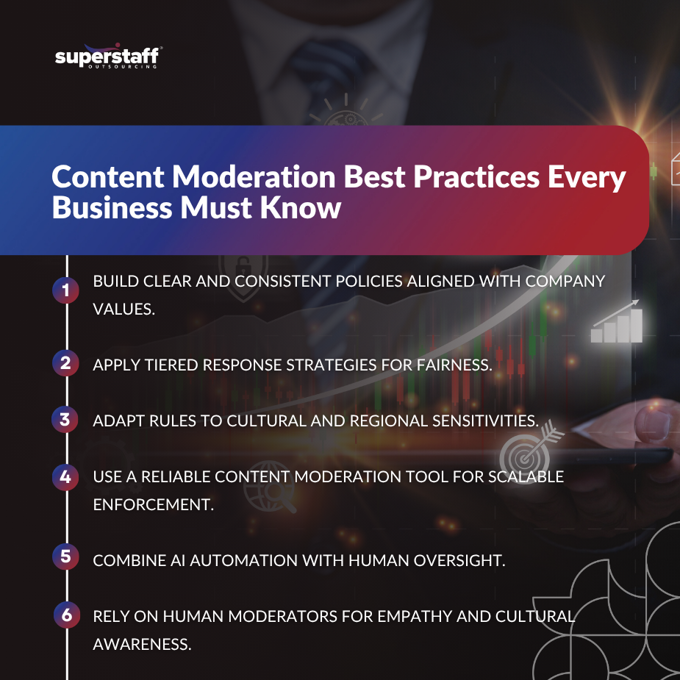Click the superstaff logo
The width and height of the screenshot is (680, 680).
tap(108, 57)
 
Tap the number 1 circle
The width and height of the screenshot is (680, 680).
tap(65, 291)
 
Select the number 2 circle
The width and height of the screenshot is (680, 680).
tap(65, 362)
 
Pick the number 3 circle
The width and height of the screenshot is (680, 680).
tap(65, 420)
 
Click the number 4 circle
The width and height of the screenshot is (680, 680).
tap(65, 477)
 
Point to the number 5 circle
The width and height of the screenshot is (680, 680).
tap(65, 556)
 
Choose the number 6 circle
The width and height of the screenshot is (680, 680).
tap(65, 615)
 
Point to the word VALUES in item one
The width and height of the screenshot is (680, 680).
tap(124, 309)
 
